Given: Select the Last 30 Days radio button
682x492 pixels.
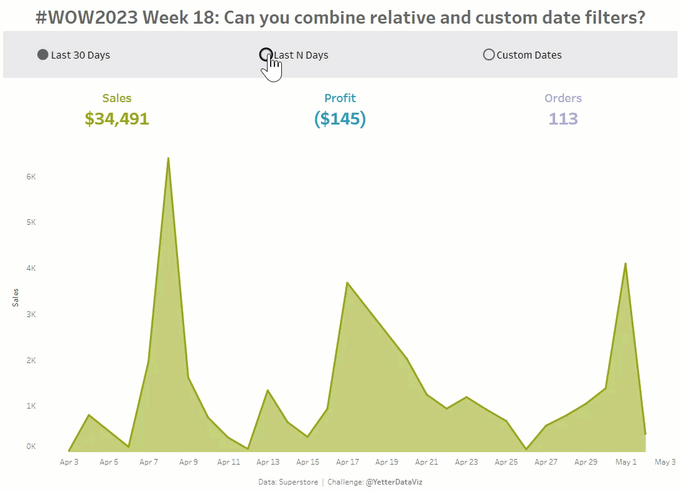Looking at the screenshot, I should tap(43, 55).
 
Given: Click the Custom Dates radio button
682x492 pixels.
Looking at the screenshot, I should tap(488, 55).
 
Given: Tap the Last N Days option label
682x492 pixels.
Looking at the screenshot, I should tap(301, 55).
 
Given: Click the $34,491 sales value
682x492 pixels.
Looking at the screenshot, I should tap(117, 118).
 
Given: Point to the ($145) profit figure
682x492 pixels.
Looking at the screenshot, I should tap(340, 118).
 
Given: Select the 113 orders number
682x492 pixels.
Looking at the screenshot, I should tap(563, 118).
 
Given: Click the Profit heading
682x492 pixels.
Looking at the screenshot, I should tap(340, 98).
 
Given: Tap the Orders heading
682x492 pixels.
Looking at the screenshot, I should tap(563, 98).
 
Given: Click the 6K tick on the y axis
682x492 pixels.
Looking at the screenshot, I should tap(31, 176).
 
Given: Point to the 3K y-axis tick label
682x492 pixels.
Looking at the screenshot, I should tap(31, 314).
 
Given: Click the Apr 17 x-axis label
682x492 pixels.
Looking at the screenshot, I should tap(347, 462).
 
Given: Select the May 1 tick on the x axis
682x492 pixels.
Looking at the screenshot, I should tap(626, 462).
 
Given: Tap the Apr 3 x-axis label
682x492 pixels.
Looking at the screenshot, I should tap(69, 462).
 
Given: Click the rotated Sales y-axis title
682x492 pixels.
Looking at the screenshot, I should tap(16, 297).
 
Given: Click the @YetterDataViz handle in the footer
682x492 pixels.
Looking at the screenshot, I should tap(394, 481).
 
